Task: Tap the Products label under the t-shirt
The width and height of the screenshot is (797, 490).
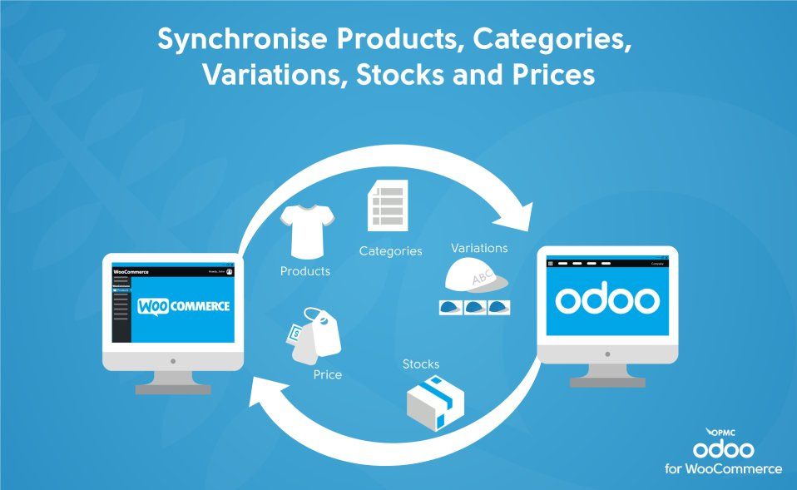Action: click(304, 271)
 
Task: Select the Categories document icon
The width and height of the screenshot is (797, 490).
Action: click(388, 206)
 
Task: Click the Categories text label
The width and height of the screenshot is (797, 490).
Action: click(390, 250)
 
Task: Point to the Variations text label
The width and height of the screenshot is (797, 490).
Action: click(478, 248)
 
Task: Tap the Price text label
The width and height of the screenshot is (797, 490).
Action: click(327, 374)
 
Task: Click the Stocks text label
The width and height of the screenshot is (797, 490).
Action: click(420, 364)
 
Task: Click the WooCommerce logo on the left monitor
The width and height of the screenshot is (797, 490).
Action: click(184, 306)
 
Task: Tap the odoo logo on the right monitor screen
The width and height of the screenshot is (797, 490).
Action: click(607, 300)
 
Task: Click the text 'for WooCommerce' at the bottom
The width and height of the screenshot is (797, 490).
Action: click(722, 469)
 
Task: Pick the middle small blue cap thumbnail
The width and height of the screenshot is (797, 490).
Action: click(475, 307)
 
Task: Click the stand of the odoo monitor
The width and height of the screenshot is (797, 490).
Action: click(607, 374)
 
